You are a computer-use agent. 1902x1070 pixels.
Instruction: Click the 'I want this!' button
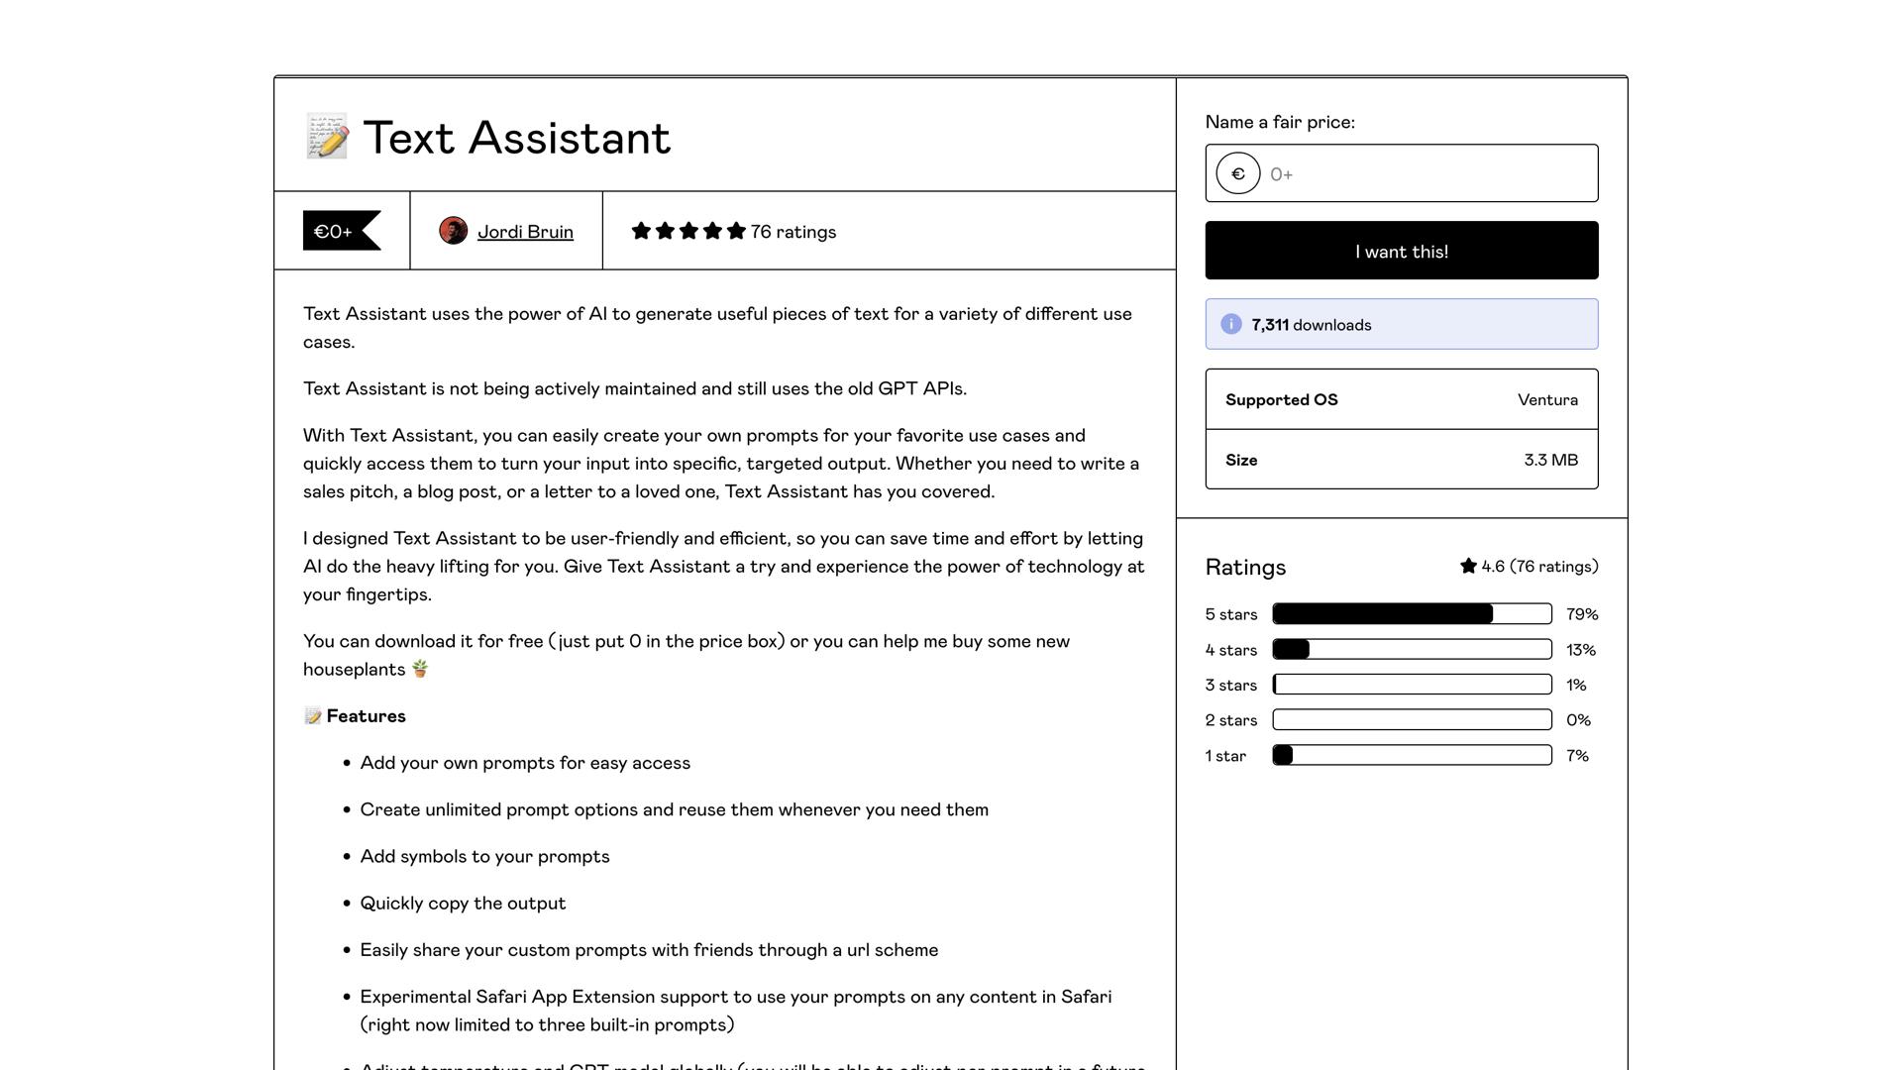pyautogui.click(x=1401, y=251)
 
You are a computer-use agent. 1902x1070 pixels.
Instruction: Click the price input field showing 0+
pyautogui.click(x=1426, y=174)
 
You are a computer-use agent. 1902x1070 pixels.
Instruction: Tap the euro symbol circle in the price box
pyautogui.click(x=1237, y=174)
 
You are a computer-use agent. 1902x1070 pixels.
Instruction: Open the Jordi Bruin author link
pyautogui.click(x=525, y=232)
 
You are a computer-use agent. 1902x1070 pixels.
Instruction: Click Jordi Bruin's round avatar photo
pyautogui.click(x=453, y=231)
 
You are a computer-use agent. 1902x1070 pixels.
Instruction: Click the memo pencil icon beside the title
pyautogui.click(x=327, y=137)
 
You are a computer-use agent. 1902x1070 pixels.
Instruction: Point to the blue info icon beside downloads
pyautogui.click(x=1230, y=324)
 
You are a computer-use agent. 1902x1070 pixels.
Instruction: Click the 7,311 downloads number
pyautogui.click(x=1270, y=325)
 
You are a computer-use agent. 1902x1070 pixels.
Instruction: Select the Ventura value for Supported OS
pyautogui.click(x=1547, y=400)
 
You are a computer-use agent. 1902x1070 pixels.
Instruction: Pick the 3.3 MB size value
pyautogui.click(x=1550, y=460)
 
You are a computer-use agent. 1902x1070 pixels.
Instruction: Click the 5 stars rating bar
pyautogui.click(x=1412, y=614)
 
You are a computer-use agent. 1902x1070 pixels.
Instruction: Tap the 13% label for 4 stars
pyautogui.click(x=1580, y=650)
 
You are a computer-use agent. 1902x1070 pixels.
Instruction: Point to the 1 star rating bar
pyautogui.click(x=1412, y=755)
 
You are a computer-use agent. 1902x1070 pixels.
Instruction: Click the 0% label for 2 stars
pyautogui.click(x=1578, y=720)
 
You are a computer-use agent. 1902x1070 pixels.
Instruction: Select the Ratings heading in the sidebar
pyautogui.click(x=1245, y=567)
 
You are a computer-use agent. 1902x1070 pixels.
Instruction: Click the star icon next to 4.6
pyautogui.click(x=1468, y=566)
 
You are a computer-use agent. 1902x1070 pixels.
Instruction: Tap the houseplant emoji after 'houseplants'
pyautogui.click(x=420, y=669)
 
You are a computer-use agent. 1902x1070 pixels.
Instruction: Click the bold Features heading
pyautogui.click(x=366, y=716)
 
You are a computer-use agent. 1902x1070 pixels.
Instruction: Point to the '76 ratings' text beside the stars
pyautogui.click(x=792, y=232)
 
